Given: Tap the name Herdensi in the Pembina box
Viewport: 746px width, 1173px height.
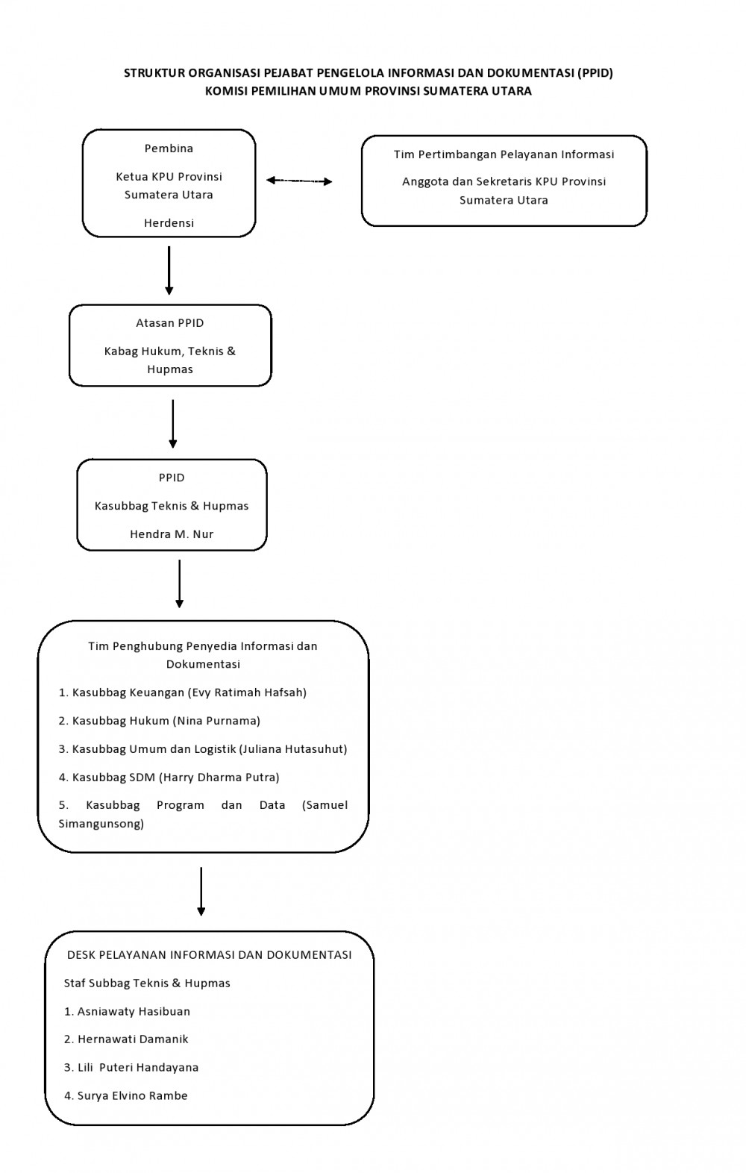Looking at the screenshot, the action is tap(169, 223).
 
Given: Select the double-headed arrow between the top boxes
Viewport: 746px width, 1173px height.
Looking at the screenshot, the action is tap(299, 181).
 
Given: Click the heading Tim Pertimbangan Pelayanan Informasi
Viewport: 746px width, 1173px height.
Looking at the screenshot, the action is tap(504, 154).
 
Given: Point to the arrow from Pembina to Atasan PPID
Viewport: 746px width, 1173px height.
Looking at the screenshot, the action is tap(169, 271).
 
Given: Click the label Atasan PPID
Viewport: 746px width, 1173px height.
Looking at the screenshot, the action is tap(170, 323).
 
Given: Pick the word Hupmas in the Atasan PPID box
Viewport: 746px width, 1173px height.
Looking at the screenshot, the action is tap(170, 369).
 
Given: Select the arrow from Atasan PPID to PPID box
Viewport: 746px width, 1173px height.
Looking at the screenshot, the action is tap(173, 424).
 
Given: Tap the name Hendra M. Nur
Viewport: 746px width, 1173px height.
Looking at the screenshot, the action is tap(172, 534).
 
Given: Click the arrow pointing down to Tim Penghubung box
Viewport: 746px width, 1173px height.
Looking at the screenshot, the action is tap(180, 584).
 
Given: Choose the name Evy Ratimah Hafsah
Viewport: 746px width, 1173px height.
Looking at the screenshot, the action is tap(247, 692).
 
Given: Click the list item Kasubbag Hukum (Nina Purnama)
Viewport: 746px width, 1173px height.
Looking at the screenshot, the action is tap(159, 721).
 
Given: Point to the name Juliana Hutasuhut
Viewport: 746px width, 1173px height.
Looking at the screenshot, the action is tap(293, 749).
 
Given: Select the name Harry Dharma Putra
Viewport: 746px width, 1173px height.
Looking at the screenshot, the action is tap(219, 778).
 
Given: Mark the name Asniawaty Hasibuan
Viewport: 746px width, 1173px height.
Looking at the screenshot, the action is tap(134, 1012).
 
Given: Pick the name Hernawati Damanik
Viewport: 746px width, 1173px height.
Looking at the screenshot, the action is tap(133, 1039).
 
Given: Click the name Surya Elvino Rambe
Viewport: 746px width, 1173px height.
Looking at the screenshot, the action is tap(133, 1096).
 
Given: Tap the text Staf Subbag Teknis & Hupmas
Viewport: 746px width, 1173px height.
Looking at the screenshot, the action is tap(147, 983).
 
